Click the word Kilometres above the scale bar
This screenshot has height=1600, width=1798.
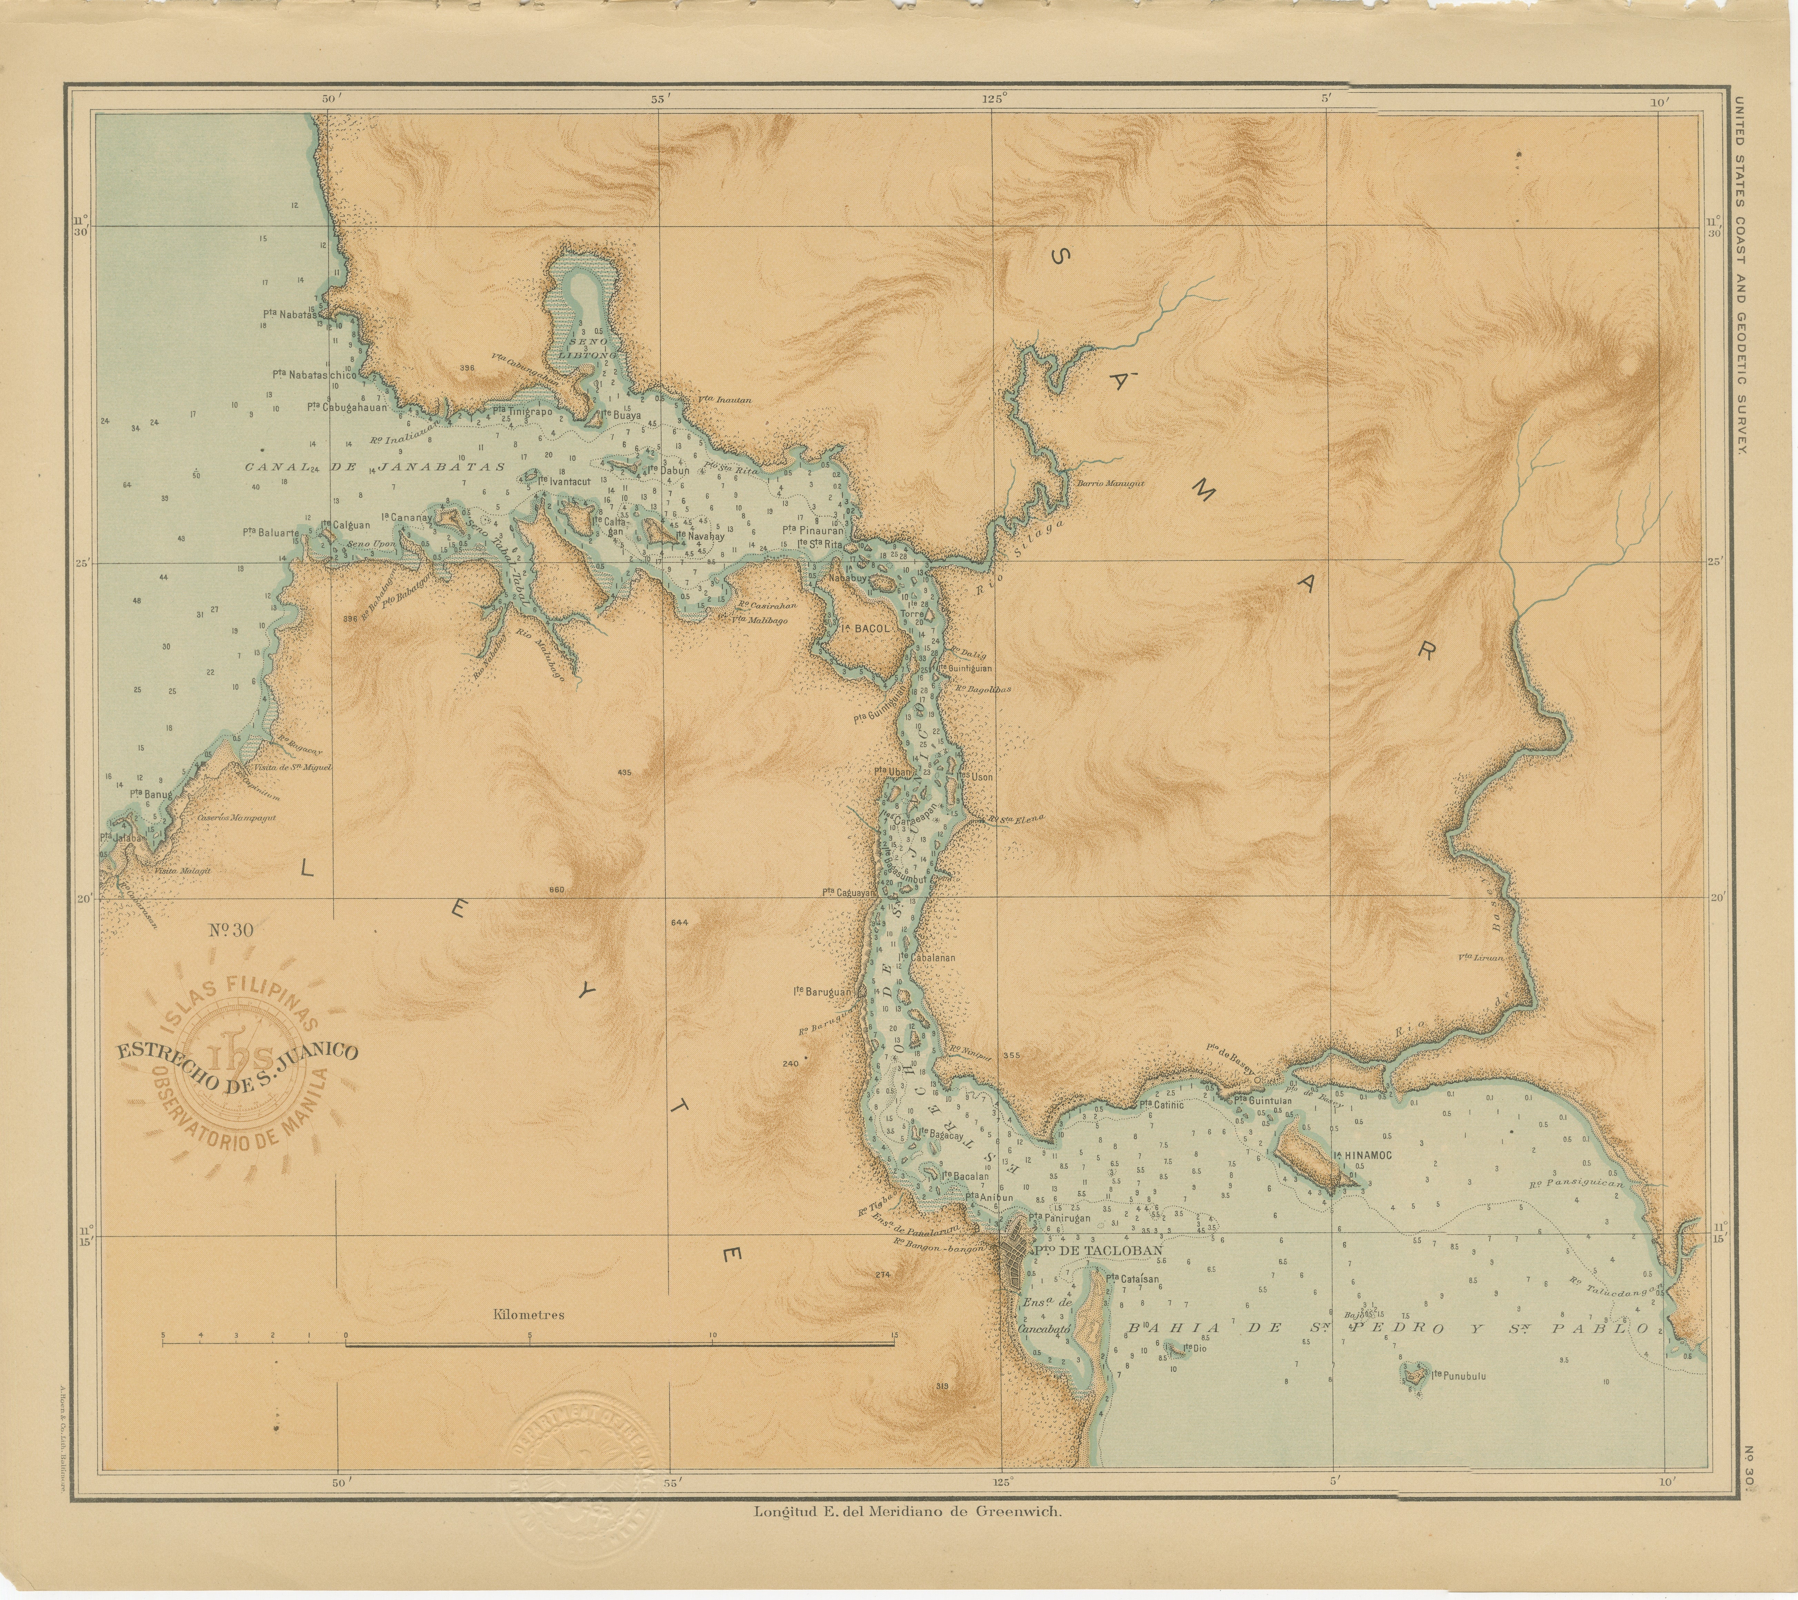click(529, 1315)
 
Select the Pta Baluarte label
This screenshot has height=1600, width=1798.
click(271, 532)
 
